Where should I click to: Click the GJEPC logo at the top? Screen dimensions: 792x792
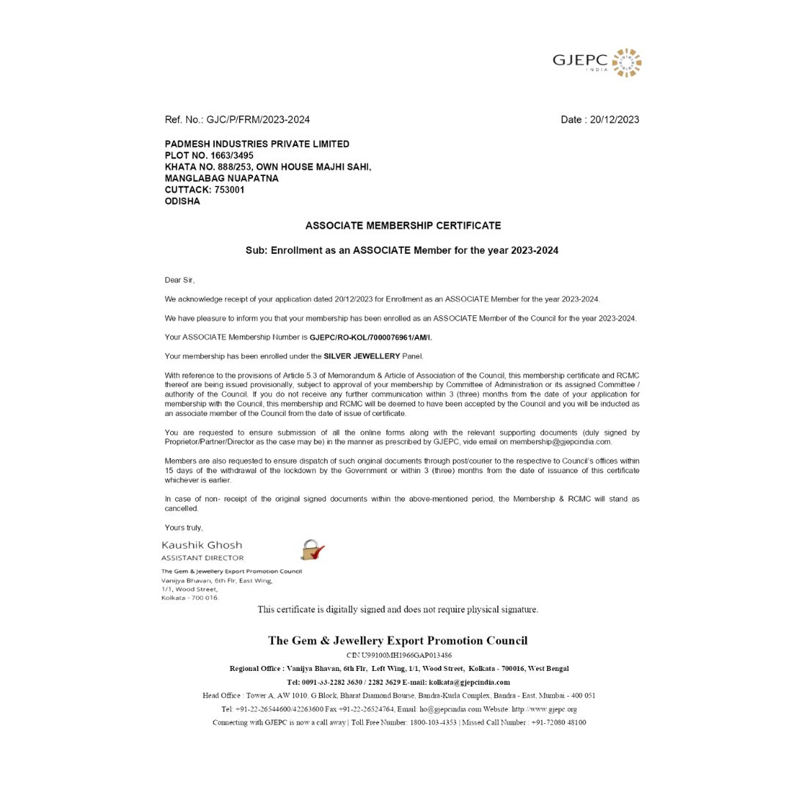[x=597, y=62]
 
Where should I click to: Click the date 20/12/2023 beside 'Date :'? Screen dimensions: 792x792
[x=614, y=120]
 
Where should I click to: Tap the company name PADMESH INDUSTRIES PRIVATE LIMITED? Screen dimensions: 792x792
[x=257, y=144]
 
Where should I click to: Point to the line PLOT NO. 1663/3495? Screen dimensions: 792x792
[x=209, y=155]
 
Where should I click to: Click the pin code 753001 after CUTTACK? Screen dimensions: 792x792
[x=229, y=190]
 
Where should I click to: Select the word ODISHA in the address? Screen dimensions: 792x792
[x=182, y=201]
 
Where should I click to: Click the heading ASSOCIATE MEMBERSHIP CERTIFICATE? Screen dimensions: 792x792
[x=403, y=226]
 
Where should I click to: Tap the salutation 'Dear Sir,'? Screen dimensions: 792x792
[x=180, y=280]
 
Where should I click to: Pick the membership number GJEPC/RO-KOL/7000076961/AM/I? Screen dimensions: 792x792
[x=370, y=337]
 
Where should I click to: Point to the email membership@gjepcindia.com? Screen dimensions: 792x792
[x=561, y=442]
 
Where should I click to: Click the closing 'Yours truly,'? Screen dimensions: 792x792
[x=183, y=528]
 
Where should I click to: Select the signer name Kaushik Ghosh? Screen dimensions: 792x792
[x=202, y=545]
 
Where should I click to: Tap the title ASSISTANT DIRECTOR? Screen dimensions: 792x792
[x=202, y=558]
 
